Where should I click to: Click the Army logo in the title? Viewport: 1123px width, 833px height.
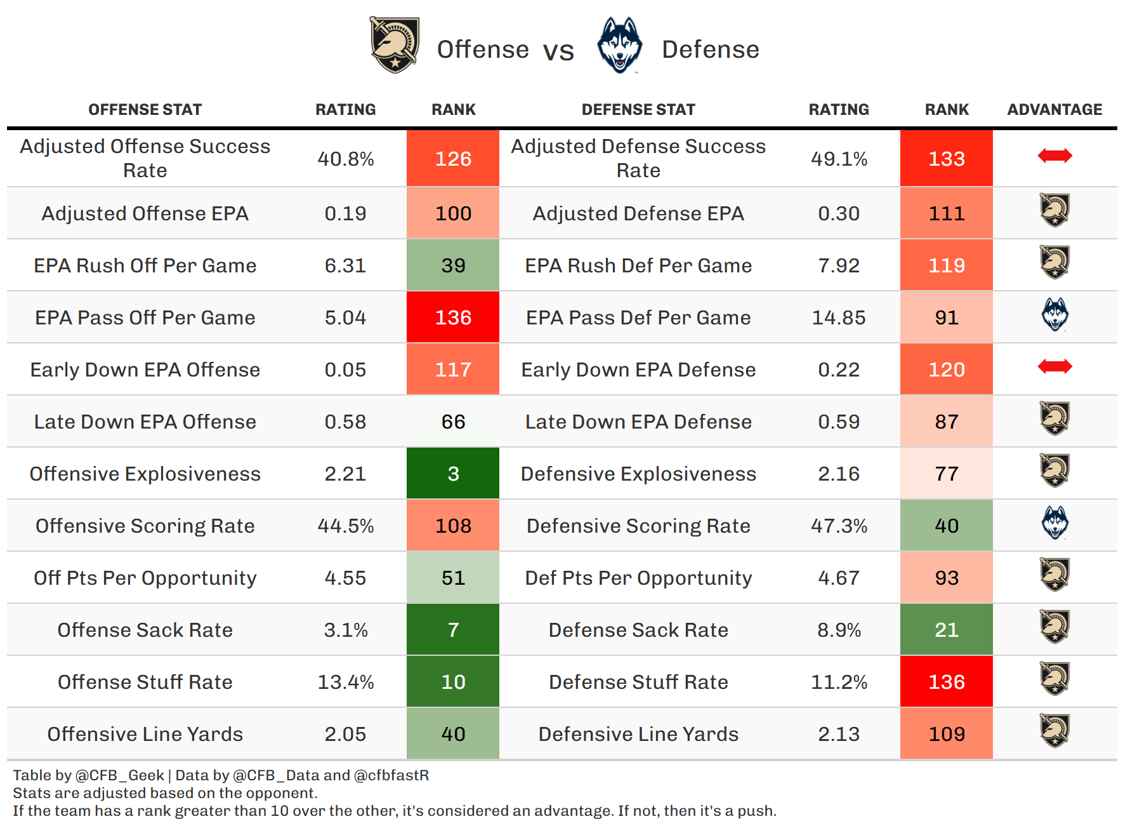tap(395, 45)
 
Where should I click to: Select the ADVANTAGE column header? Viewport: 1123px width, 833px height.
tap(1054, 110)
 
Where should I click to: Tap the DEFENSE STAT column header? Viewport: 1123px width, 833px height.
tap(638, 110)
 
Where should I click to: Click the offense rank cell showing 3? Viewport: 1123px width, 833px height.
tap(453, 474)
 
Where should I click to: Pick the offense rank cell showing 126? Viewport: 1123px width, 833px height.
tap(453, 159)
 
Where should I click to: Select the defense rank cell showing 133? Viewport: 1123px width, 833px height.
tap(946, 159)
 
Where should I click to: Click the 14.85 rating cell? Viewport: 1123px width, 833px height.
tap(839, 317)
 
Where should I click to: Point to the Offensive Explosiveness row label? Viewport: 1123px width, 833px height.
tap(145, 474)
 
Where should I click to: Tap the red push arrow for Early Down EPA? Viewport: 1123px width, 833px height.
tap(1054, 366)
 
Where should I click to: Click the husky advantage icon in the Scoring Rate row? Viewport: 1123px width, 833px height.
tap(1054, 523)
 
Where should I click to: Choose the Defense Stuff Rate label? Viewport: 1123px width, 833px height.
tap(638, 682)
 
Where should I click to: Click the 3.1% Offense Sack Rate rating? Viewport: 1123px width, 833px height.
tap(346, 630)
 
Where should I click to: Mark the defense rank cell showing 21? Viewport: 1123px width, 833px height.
tap(946, 630)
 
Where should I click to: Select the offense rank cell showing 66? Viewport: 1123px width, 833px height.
tap(453, 422)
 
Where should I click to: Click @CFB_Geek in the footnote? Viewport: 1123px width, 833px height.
tap(120, 775)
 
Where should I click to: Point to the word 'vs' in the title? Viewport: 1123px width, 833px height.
tap(558, 51)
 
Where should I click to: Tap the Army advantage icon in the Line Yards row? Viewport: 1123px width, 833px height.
tap(1054, 731)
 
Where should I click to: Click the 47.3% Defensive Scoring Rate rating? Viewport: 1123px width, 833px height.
tap(839, 526)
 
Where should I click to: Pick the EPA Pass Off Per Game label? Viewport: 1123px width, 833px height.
tap(145, 317)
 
